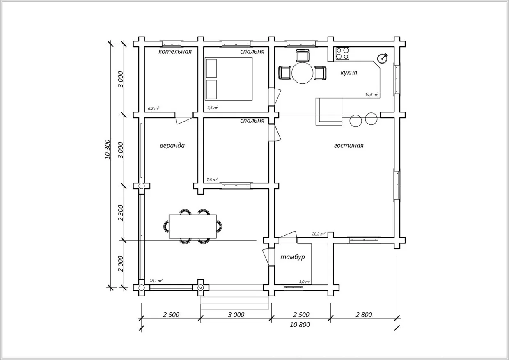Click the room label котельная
175,52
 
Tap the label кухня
349,73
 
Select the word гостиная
349,145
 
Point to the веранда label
172,145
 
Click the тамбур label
292,257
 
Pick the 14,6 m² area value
371,94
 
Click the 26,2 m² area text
319,234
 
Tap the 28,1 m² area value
156,281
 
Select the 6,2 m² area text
154,108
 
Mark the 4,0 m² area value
305,282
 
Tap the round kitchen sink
383,58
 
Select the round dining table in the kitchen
302,73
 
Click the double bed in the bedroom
229,79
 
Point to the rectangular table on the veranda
193,227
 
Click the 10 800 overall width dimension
300,325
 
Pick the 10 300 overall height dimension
108,149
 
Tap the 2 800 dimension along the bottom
364,315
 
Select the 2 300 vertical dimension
121,213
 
